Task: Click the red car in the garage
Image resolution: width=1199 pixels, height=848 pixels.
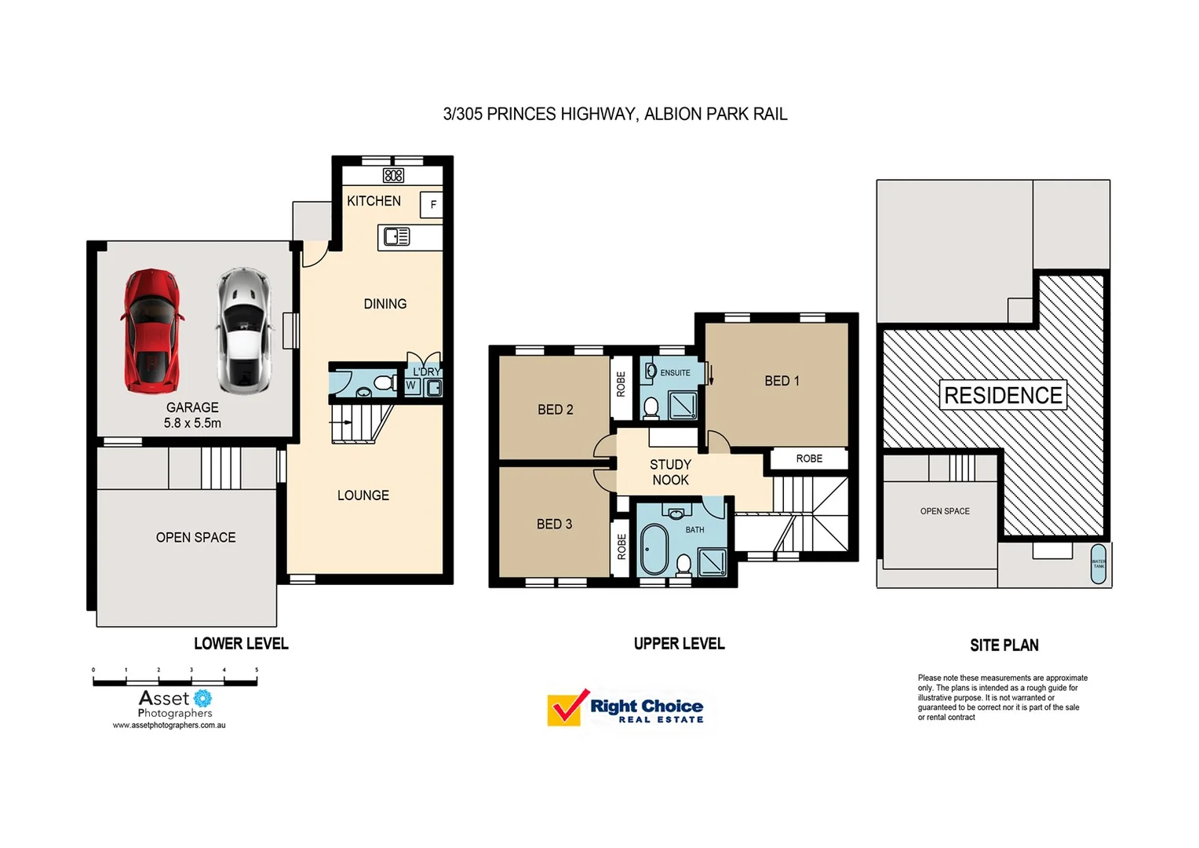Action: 151,331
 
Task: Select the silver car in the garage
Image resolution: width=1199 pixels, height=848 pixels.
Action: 244,330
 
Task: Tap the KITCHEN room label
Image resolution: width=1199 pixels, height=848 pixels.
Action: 374,201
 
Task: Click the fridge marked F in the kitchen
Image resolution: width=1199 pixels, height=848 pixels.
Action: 432,205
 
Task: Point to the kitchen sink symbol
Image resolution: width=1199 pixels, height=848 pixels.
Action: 396,236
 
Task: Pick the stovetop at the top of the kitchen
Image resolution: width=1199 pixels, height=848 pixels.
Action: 393,175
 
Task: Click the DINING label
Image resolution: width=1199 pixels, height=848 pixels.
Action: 384,304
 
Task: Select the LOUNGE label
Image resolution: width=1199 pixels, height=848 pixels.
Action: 363,495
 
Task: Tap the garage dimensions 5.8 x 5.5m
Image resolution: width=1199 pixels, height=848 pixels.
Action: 192,423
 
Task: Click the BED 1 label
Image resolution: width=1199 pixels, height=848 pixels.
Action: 782,381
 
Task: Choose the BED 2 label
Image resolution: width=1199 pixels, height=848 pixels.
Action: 555,410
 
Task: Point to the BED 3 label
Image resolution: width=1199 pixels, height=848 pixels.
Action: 554,525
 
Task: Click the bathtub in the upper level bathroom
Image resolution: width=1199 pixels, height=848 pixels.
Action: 654,550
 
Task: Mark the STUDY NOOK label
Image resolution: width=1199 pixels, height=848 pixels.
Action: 670,473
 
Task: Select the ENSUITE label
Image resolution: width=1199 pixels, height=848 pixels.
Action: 675,373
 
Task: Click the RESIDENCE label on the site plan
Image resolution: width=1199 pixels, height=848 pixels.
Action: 1003,396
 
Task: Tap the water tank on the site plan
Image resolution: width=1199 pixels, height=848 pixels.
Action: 1099,564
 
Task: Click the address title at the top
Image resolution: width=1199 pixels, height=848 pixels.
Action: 614,115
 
